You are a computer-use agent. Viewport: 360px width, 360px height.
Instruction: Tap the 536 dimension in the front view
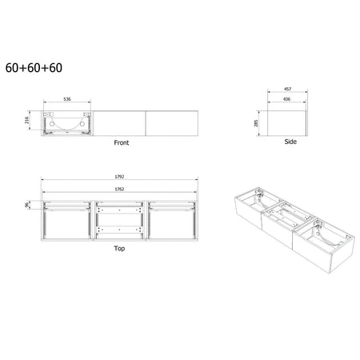(x=69, y=100)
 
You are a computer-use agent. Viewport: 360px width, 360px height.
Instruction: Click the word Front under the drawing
(x=121, y=143)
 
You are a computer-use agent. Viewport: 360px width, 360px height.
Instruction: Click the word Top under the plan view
(x=119, y=249)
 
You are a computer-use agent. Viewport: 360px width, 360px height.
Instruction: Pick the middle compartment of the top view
(x=120, y=218)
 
